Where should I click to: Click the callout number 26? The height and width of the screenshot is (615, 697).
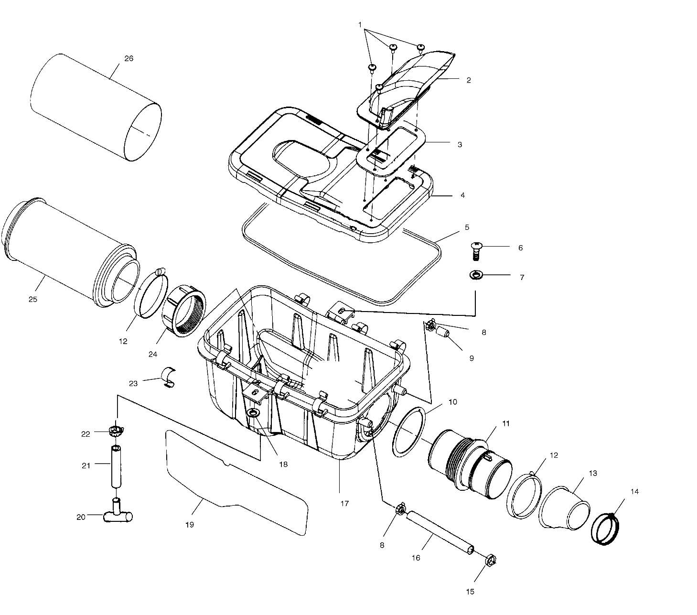tap(129, 58)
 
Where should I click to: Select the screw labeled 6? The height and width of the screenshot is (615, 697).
tap(476, 250)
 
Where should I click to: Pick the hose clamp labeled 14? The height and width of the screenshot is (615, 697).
tap(605, 529)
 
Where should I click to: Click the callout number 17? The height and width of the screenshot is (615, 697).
tap(344, 503)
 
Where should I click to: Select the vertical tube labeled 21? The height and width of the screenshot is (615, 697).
tap(116, 466)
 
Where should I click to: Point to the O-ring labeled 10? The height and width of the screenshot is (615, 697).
tap(407, 432)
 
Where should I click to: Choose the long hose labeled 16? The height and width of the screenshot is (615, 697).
tap(439, 531)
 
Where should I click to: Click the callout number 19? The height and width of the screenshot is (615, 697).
tap(190, 525)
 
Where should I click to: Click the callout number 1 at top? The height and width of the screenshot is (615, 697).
tap(360, 23)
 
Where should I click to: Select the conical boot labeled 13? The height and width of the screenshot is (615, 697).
tap(564, 508)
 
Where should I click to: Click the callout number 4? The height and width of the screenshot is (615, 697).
tap(462, 195)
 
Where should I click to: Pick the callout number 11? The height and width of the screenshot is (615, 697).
tap(506, 423)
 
